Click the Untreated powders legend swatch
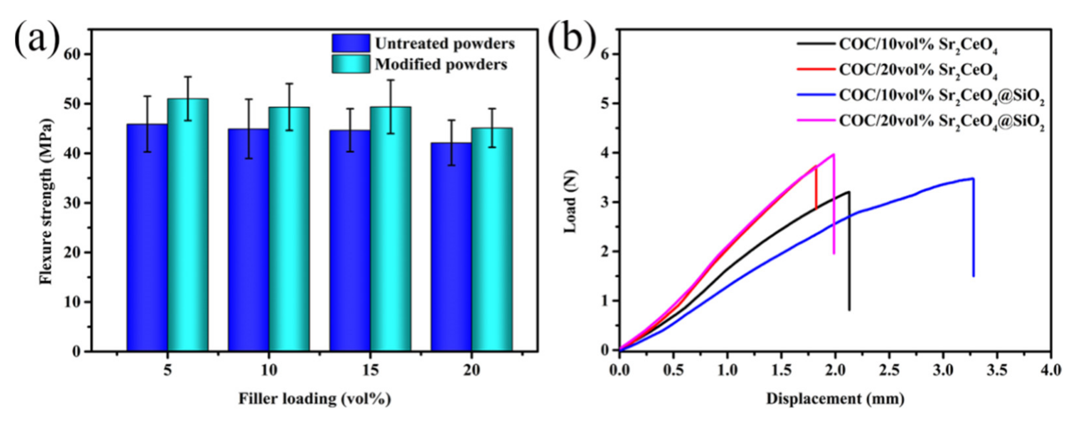pyautogui.click(x=351, y=44)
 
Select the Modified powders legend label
pyautogui.click(x=441, y=65)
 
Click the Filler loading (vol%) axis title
pyautogui.click(x=315, y=399)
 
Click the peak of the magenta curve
pyautogui.click(x=833, y=154)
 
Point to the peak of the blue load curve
pyautogui.click(x=973, y=178)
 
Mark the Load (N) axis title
pyautogui.click(x=571, y=201)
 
